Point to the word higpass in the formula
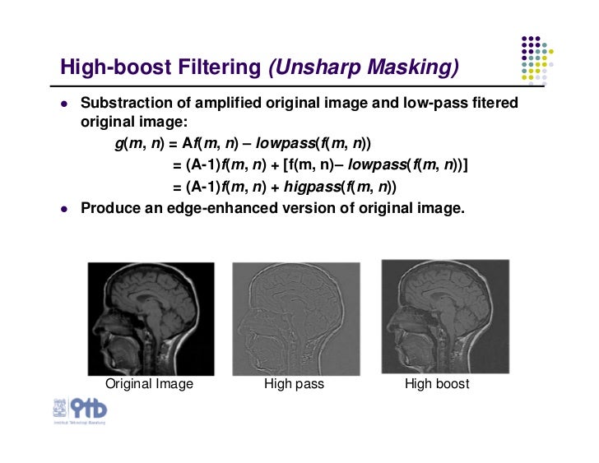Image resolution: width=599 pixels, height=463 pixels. coord(312,187)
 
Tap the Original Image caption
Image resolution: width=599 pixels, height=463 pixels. coord(149,384)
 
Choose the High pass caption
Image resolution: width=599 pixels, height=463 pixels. coord(294,384)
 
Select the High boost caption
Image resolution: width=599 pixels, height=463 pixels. coord(437,384)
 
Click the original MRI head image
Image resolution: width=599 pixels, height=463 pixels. coord(151,318)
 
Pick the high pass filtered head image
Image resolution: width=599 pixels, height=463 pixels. coord(296,318)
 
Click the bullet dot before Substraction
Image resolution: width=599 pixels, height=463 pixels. coord(63,106)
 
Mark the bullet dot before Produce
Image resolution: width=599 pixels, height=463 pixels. coord(63,209)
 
